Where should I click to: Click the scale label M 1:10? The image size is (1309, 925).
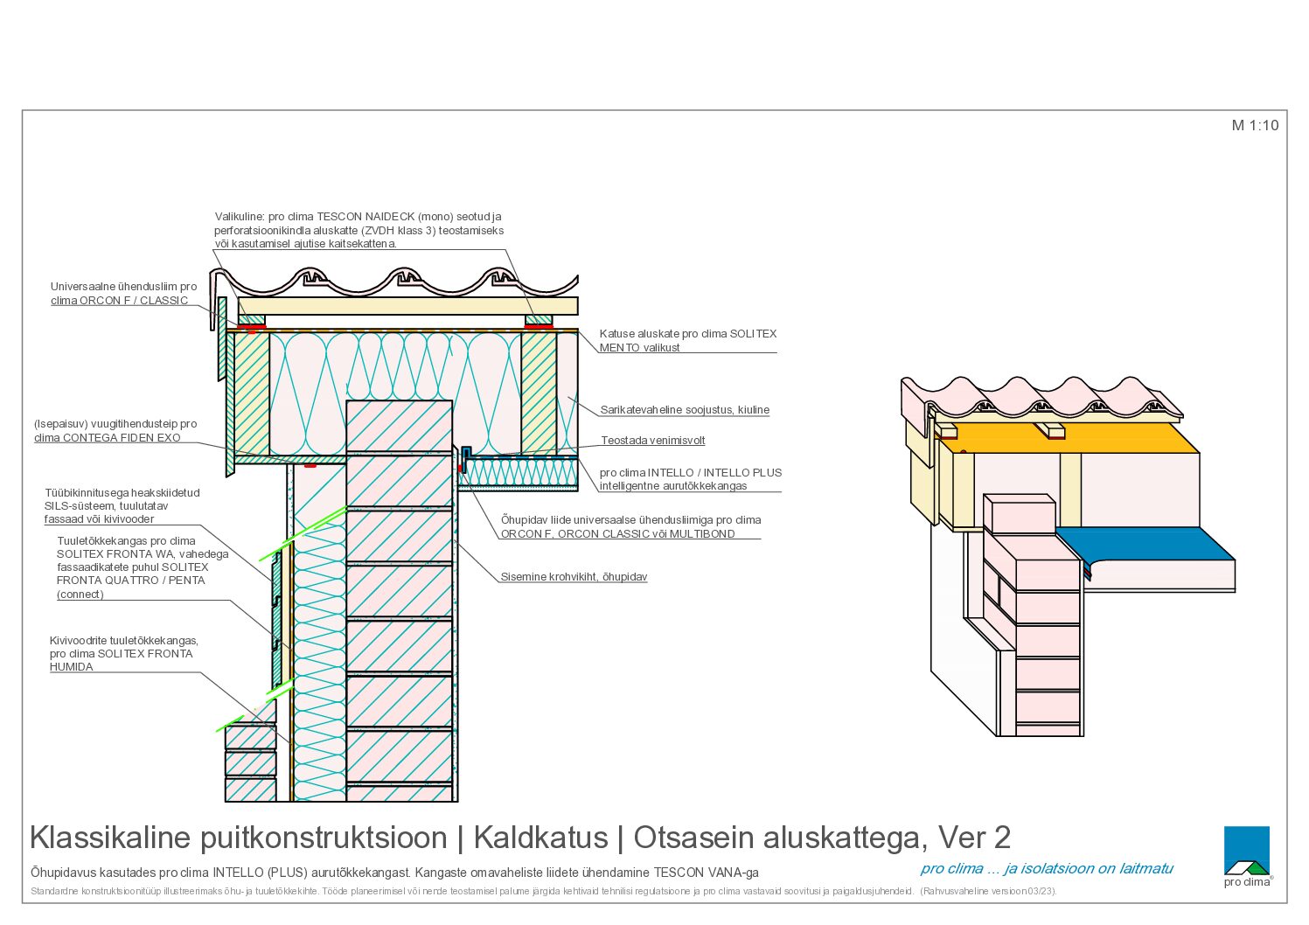pyautogui.click(x=1255, y=126)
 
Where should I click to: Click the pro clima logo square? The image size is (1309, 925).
pyautogui.click(x=1246, y=850)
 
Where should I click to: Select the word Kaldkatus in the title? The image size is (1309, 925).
pyautogui.click(x=540, y=838)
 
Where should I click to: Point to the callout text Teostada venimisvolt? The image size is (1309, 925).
pyautogui.click(x=652, y=440)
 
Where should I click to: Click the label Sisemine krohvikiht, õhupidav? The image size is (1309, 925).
pyautogui.click(x=574, y=577)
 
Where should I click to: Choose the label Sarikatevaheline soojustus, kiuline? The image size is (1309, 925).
pyautogui.click(x=685, y=410)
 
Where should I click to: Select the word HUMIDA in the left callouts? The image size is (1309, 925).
pyautogui.click(x=72, y=667)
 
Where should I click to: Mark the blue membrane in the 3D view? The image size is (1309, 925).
pyautogui.click(x=1146, y=545)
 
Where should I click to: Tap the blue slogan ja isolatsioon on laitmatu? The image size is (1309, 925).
pyautogui.click(x=1088, y=869)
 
